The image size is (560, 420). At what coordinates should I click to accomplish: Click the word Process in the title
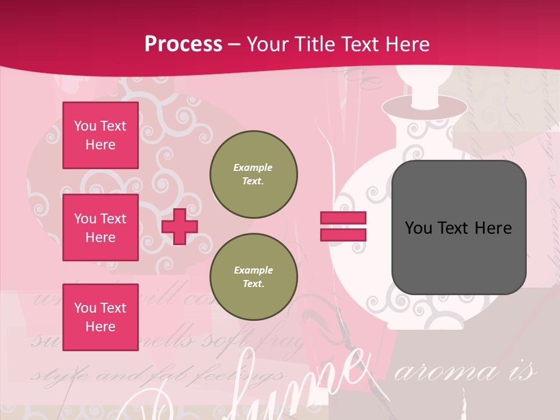pyautogui.click(x=183, y=44)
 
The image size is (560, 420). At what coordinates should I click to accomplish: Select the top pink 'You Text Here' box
pyautogui.click(x=100, y=135)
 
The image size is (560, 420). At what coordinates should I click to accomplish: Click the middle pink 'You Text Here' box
pyautogui.click(x=100, y=228)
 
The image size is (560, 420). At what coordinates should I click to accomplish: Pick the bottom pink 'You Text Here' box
pyautogui.click(x=100, y=317)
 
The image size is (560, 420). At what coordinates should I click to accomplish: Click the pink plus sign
pyautogui.click(x=180, y=226)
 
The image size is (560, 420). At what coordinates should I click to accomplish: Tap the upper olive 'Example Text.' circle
pyautogui.click(x=254, y=174)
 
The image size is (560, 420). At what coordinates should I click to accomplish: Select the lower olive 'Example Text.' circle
pyautogui.click(x=254, y=277)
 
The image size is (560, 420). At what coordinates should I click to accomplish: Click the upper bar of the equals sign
pyautogui.click(x=343, y=218)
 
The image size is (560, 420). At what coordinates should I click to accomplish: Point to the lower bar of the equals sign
pyautogui.click(x=343, y=235)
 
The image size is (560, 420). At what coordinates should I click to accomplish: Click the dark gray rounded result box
pyautogui.click(x=459, y=228)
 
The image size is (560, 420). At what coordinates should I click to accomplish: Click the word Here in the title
pyautogui.click(x=406, y=44)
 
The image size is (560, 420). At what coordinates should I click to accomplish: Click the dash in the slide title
pyautogui.click(x=235, y=44)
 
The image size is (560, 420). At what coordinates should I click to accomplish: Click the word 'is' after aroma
pyautogui.click(x=526, y=372)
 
